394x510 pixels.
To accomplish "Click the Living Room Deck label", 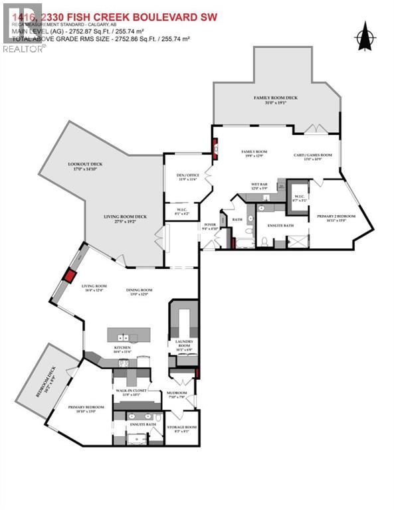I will tap(125, 218).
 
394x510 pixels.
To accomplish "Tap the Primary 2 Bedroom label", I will tap(336, 218).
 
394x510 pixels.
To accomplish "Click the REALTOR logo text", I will tap(24, 49).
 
